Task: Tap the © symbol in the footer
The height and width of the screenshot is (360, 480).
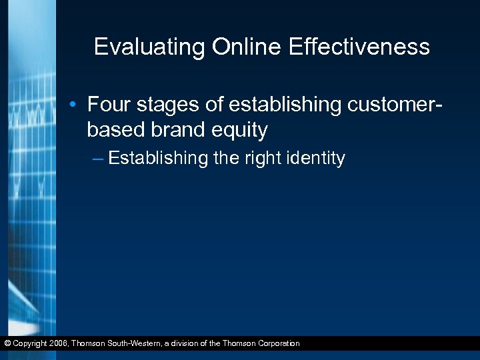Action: (6, 343)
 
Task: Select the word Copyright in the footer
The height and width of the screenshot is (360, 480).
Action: (30, 343)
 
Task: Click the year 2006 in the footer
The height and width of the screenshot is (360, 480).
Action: (59, 343)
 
